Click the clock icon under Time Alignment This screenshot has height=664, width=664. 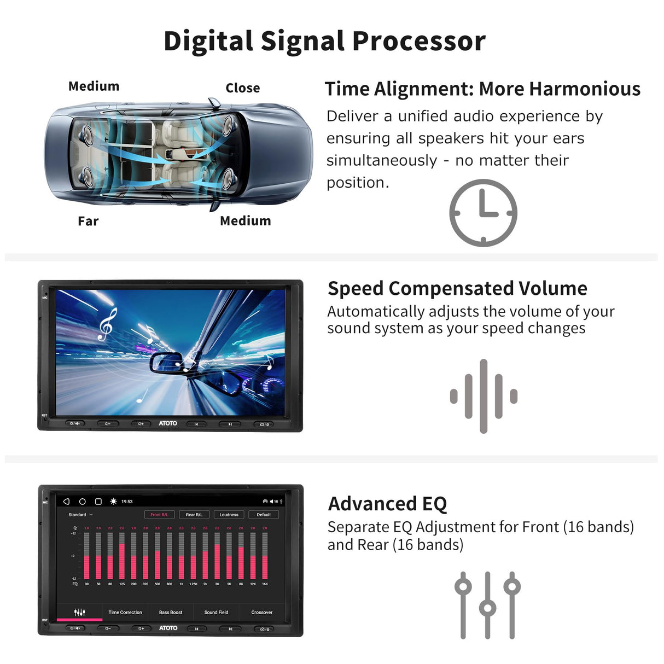point(483,213)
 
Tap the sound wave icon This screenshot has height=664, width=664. point(484,396)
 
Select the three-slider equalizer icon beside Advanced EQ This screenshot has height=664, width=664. point(487,605)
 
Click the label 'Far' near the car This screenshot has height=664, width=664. point(88,222)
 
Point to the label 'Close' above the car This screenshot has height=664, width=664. point(242,88)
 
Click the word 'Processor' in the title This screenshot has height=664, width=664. point(418,41)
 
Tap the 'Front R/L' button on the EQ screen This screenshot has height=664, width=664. point(159,515)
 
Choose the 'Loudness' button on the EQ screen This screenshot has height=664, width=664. point(229,515)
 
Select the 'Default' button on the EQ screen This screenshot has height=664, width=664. point(264,515)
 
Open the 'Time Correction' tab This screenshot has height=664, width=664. point(125,613)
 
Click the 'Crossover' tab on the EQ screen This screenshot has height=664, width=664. point(261,613)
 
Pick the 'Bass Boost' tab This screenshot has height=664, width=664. point(171,613)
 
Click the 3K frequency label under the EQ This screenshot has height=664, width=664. point(217,584)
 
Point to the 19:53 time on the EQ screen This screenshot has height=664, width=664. point(127,502)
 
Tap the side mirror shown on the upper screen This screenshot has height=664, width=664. point(166,362)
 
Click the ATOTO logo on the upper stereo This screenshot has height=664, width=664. point(168,423)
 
